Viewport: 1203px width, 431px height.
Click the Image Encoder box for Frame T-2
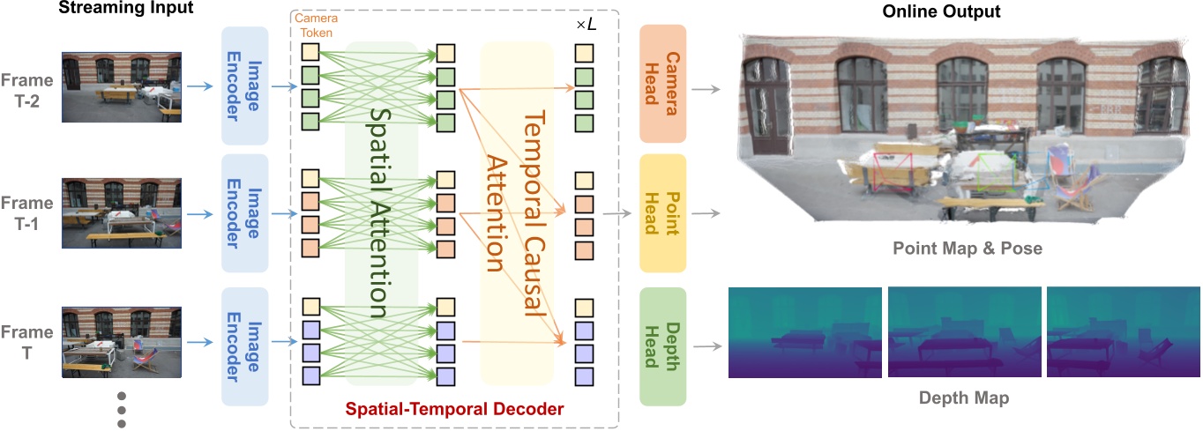tap(245, 85)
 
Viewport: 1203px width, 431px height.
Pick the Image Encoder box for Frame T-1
tap(245, 213)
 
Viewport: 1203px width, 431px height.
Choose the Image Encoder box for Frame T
tap(245, 346)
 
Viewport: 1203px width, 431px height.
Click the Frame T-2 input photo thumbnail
tap(121, 86)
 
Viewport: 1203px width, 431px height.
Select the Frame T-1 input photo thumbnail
tap(121, 213)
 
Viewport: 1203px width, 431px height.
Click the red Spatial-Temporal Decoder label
tap(454, 409)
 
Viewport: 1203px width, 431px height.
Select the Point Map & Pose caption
tap(966, 249)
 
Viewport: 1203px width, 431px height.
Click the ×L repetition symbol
tap(587, 26)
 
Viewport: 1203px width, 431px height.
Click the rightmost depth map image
tap(1123, 332)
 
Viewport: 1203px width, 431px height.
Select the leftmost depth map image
tap(803, 332)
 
